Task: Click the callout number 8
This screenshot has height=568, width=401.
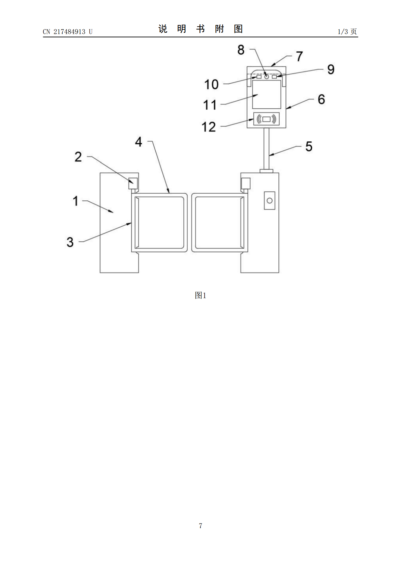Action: (x=241, y=50)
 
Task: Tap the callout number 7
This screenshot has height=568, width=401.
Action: (x=300, y=56)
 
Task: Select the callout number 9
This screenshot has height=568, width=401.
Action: (x=331, y=69)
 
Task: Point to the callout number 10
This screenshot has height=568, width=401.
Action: (x=211, y=84)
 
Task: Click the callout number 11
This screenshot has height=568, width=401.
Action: (x=210, y=105)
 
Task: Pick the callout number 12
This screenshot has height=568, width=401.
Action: (x=209, y=127)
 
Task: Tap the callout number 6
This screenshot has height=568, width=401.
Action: (x=321, y=99)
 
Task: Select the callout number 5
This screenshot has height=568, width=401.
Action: (x=309, y=146)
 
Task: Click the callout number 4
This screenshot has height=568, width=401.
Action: (x=138, y=142)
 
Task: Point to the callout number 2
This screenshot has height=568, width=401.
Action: (x=78, y=157)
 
